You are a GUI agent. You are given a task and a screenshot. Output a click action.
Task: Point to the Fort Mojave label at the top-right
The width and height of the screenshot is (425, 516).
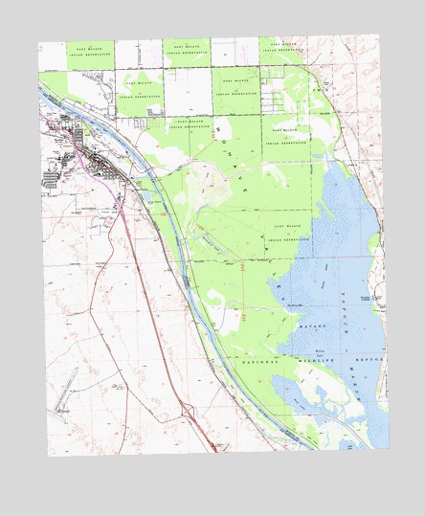coord(283,46)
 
